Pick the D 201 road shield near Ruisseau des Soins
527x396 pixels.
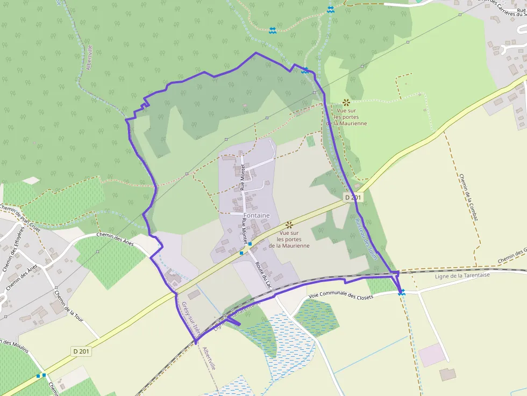pos(353,198)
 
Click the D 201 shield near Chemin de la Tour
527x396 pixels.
pos(82,351)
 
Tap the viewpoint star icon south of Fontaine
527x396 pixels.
pos(289,225)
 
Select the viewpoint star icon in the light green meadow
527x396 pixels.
pos(346,102)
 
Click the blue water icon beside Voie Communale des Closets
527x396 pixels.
pos(401,292)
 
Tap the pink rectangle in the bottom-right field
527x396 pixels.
pos(433,355)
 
